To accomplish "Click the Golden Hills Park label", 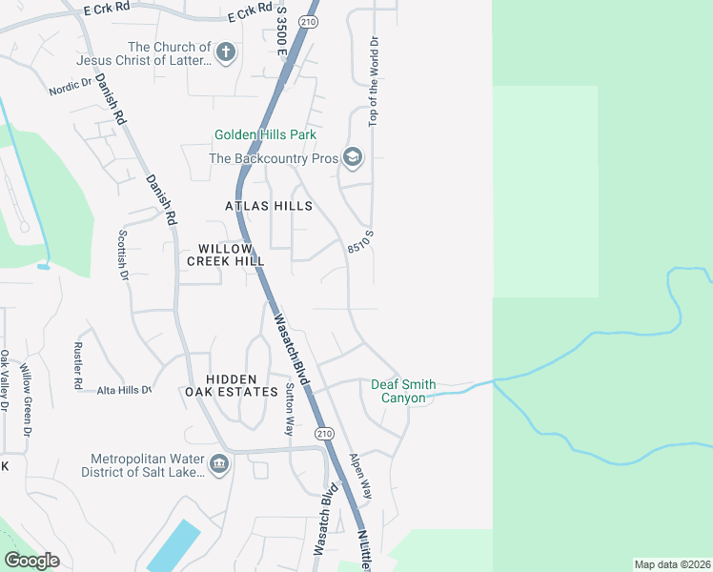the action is (265, 135).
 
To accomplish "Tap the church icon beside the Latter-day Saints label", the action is (226, 52).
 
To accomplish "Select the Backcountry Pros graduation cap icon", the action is (352, 158).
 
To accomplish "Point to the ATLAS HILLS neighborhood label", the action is (268, 206).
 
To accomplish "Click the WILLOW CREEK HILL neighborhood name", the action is (225, 255).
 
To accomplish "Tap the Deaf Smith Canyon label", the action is (403, 391).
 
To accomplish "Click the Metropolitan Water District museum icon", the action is (219, 464).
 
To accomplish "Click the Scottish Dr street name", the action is (122, 255).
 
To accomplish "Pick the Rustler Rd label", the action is (76, 365).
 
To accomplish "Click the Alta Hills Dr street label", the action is (123, 390).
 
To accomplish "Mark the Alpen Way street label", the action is (360, 476).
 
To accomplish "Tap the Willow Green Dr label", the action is (26, 401).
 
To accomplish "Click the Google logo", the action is (32, 560).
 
